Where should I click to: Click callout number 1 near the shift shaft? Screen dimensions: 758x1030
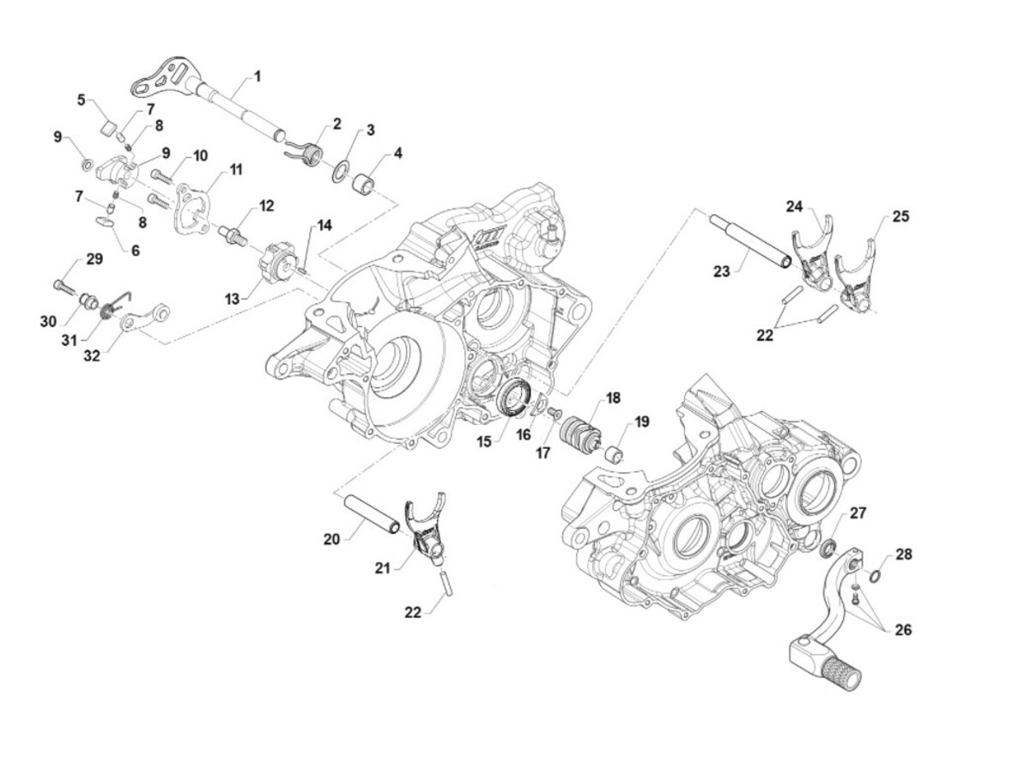coord(257,76)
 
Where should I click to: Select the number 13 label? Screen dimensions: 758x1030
coord(232,299)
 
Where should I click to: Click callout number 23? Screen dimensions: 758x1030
coord(721,271)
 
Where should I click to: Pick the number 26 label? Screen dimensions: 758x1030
coord(902,630)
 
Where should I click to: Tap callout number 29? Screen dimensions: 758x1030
coord(93,259)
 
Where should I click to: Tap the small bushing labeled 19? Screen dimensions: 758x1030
coord(615,453)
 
